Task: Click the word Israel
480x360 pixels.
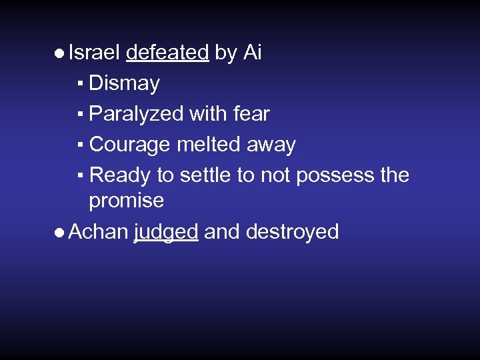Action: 94,53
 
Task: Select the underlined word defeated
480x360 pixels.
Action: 167,53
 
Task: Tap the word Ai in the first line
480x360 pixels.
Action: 252,53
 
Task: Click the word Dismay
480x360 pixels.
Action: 124,84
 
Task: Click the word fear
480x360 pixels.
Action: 251,114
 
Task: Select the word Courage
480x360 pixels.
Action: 130,145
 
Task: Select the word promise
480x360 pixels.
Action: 127,200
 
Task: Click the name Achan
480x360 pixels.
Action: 98,231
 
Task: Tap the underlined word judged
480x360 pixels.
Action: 166,232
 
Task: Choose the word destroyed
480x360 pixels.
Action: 292,231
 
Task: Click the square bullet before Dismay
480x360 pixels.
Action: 79,85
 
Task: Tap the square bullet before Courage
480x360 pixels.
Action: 79,145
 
